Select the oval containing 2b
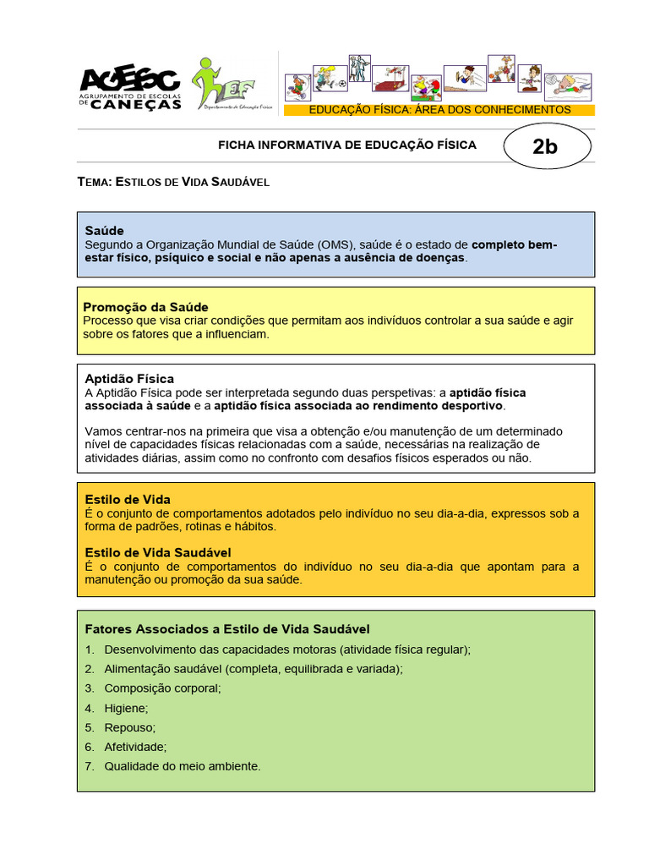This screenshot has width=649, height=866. coord(545,146)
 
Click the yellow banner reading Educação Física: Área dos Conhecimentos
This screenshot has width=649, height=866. coord(439,110)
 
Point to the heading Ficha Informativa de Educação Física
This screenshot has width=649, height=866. coord(347,145)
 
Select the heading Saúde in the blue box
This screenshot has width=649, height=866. coord(105,230)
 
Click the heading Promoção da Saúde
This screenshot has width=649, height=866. coord(145,306)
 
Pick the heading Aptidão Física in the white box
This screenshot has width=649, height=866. coord(129,378)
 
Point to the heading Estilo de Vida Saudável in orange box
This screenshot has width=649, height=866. coord(158,552)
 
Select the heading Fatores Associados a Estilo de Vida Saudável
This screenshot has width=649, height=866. coord(227,629)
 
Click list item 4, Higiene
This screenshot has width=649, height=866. coord(126,707)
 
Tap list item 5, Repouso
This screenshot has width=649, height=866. coord(130,726)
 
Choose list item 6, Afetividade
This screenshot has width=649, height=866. coord(135,747)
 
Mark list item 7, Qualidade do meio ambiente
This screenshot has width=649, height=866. coord(183,766)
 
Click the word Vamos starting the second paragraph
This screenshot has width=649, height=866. coord(104,431)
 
